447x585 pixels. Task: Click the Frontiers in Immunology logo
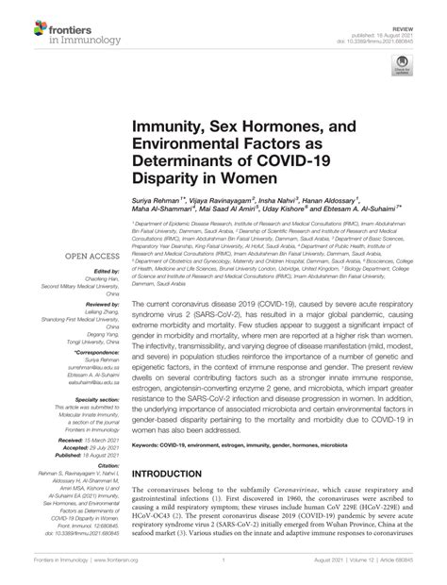pyautogui.click(x=45, y=19)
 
